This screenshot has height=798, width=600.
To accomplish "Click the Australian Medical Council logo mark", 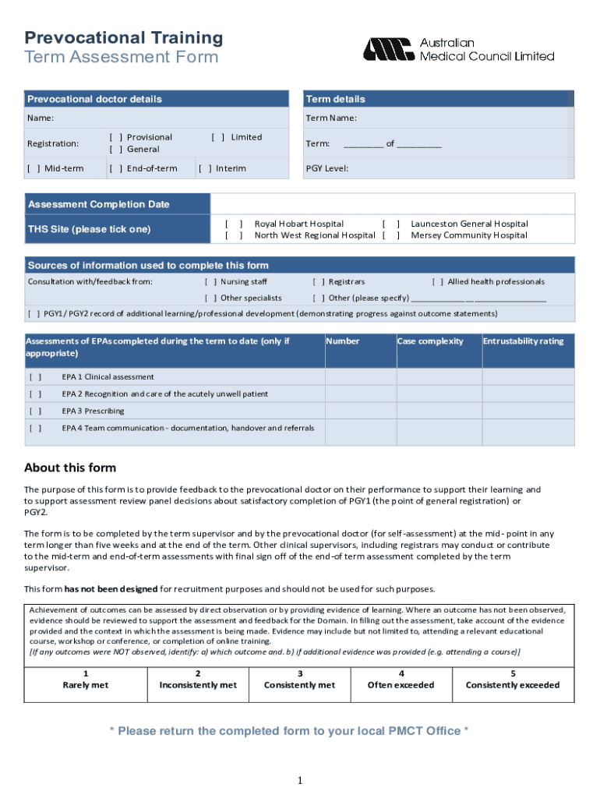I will pos(387,49).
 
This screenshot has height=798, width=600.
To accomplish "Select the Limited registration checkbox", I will pos(218,137).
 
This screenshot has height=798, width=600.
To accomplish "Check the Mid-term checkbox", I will pos(34,168).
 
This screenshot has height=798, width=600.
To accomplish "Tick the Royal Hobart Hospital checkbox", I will pos(234,224).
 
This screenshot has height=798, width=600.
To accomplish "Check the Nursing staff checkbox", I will pos(210,282).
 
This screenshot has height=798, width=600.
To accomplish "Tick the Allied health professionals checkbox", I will pos(438,282).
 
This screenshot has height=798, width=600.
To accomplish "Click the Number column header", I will pos(343,341).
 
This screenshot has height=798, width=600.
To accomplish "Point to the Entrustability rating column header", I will pos(523,341).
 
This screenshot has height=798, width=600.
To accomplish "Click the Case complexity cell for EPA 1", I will pos(437,377).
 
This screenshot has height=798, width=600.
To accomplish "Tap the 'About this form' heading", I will pos(70,468).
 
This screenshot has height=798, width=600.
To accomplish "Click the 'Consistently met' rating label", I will pos(300,685).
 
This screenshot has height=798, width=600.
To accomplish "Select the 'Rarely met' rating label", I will pos(86,685).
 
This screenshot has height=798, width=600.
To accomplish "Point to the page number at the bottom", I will pos(300,781).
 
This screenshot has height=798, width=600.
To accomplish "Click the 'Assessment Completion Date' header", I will pos(98,204).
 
